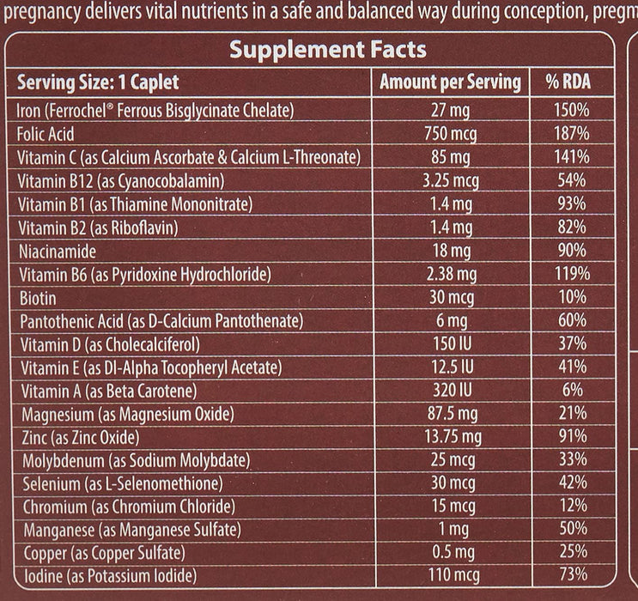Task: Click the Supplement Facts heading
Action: tap(327, 50)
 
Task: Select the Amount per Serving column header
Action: tap(450, 82)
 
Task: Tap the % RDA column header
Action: tap(569, 82)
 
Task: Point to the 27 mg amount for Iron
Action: tap(450, 111)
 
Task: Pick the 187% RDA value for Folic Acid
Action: tap(571, 134)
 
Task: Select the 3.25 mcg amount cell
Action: tap(450, 180)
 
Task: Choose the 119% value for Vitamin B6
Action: tap(571, 274)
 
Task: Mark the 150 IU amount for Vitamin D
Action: tap(450, 343)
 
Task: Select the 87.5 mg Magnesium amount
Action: tap(450, 414)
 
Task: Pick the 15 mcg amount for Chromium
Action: tap(450, 507)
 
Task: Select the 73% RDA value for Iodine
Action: tap(571, 574)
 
